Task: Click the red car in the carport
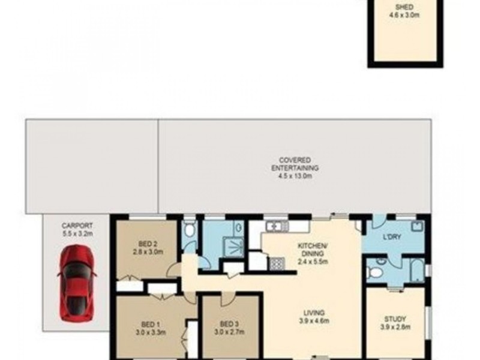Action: [x=76, y=283]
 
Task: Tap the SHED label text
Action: [x=404, y=7]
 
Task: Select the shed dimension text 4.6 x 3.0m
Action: [x=404, y=14]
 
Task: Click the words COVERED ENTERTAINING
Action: [x=295, y=164]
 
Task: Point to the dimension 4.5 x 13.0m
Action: [x=295, y=176]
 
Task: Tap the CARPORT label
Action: [x=77, y=226]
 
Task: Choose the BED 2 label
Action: [x=148, y=244]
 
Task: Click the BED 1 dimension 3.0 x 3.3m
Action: [x=151, y=332]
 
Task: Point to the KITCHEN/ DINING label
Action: [x=313, y=250]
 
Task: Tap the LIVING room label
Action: [x=314, y=313]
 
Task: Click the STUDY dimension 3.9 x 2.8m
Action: [x=395, y=327]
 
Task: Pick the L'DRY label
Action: [x=392, y=236]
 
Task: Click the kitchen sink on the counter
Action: [x=277, y=227]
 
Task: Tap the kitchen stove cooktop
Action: [x=277, y=263]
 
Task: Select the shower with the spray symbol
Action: [x=233, y=245]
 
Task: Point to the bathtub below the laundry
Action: [x=417, y=271]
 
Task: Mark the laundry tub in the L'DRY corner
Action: [x=418, y=227]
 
